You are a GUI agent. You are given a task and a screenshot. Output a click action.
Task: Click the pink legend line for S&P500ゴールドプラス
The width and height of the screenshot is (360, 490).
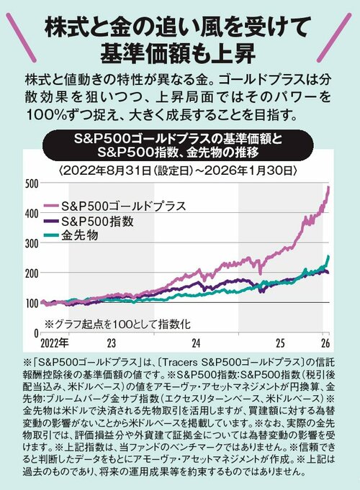click(x=52, y=206)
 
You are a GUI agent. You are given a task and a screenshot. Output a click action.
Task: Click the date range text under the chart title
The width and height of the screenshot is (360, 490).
click(x=180, y=170)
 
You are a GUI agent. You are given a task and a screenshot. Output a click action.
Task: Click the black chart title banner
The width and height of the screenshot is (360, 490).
click(x=180, y=145)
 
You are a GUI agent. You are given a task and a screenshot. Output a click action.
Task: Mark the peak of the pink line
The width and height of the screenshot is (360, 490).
click(x=328, y=188)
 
